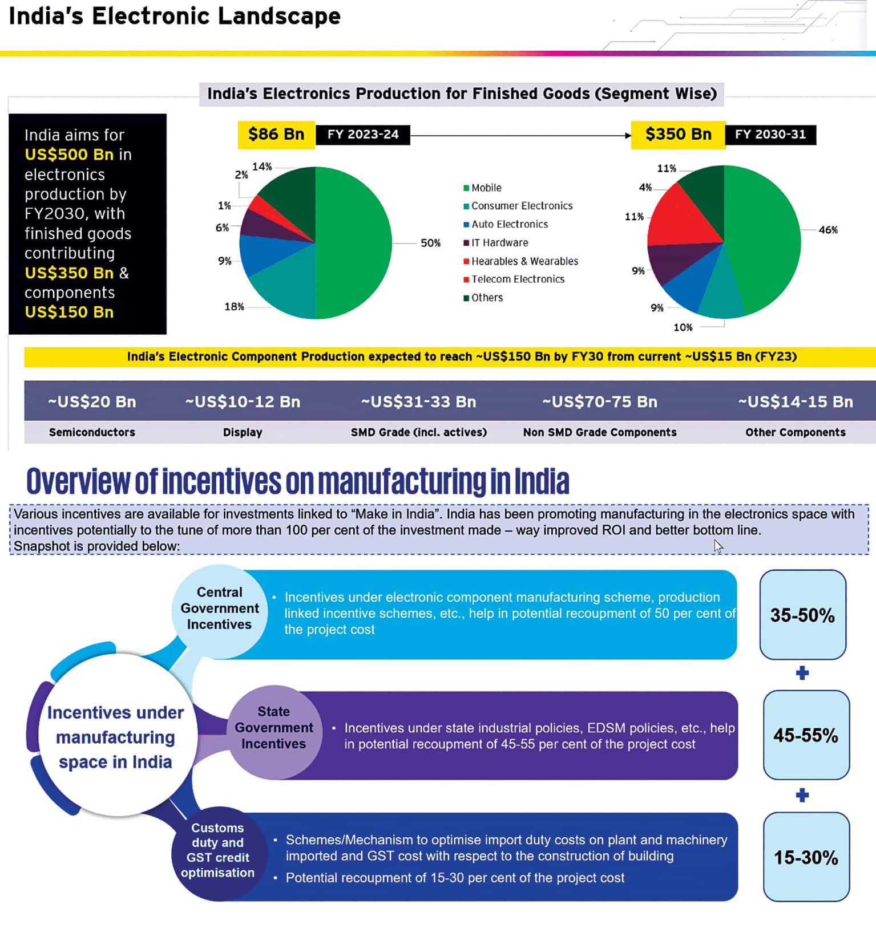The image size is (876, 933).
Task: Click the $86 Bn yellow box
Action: click(x=276, y=135)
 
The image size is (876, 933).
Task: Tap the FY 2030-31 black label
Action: click(x=770, y=135)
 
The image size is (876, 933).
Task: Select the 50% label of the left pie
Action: click(x=430, y=243)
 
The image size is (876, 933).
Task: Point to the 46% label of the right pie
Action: click(x=827, y=230)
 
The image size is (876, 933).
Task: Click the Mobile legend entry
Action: click(x=486, y=188)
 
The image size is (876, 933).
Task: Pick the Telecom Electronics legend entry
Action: click(x=517, y=279)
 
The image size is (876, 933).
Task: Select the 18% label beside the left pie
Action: click(x=234, y=306)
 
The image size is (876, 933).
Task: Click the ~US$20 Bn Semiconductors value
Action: click(x=92, y=401)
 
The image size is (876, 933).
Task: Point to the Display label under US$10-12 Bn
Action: click(x=243, y=432)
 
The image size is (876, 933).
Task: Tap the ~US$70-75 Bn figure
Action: click(x=600, y=401)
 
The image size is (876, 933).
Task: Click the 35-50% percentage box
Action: click(x=802, y=615)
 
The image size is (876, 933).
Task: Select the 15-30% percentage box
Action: click(x=806, y=857)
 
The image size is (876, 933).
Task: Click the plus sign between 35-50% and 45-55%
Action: click(x=802, y=674)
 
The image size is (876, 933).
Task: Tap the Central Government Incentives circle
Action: click(x=220, y=609)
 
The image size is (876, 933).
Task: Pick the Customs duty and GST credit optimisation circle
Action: click(x=217, y=850)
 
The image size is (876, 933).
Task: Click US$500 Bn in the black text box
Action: click(x=69, y=155)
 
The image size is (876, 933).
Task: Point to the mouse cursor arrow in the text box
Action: click(x=718, y=546)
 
